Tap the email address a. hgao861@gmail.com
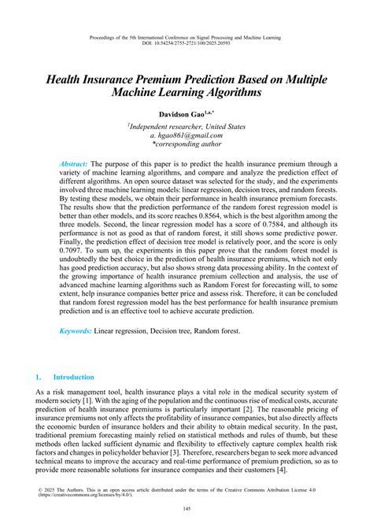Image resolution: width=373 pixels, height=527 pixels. click(186, 135)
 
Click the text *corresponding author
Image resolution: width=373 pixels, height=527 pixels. click(186, 145)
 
